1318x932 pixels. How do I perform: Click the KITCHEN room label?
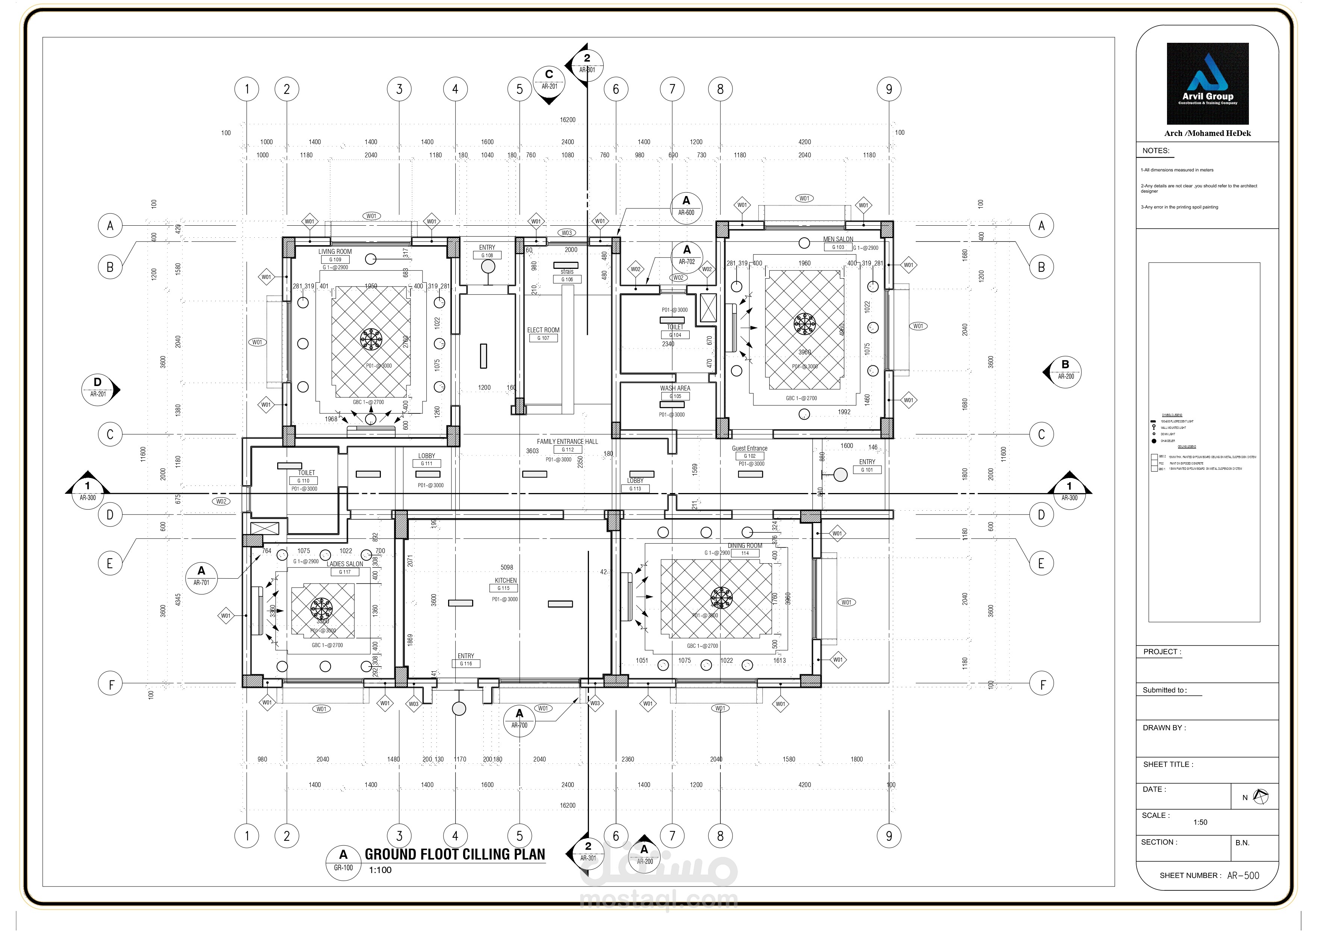pyautogui.click(x=506, y=580)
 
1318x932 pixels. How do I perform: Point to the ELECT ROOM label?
pyautogui.click(x=543, y=330)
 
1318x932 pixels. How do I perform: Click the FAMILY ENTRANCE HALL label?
pyautogui.click(x=567, y=441)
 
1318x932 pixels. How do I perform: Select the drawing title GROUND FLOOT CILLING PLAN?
pyautogui.click(x=454, y=855)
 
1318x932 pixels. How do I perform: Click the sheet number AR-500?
pyautogui.click(x=1243, y=875)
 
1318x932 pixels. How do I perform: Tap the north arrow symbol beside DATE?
pyautogui.click(x=1260, y=796)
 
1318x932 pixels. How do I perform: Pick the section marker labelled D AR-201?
pyautogui.click(x=98, y=389)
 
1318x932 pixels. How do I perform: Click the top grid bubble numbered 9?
pyautogui.click(x=889, y=89)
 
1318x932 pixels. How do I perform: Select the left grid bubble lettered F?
pyautogui.click(x=110, y=684)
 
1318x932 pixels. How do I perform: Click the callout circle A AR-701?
pyautogui.click(x=201, y=576)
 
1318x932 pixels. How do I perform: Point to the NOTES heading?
pyautogui.click(x=1155, y=151)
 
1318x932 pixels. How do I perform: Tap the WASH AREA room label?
pyautogui.click(x=675, y=388)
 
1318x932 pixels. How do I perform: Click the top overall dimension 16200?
pyautogui.click(x=567, y=120)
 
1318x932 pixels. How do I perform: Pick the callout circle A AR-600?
pyautogui.click(x=686, y=205)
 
